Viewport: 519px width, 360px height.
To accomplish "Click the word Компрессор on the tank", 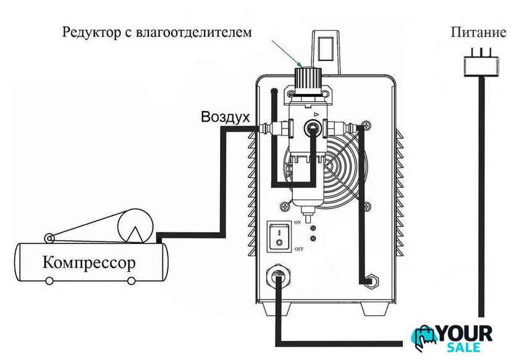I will (x=89, y=263).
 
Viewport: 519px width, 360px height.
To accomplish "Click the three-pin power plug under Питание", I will (x=481, y=63).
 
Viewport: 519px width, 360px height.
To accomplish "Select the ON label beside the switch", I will (x=298, y=222).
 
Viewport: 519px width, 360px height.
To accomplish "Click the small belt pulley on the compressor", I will (x=49, y=238).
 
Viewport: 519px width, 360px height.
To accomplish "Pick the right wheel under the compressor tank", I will (x=131, y=281).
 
